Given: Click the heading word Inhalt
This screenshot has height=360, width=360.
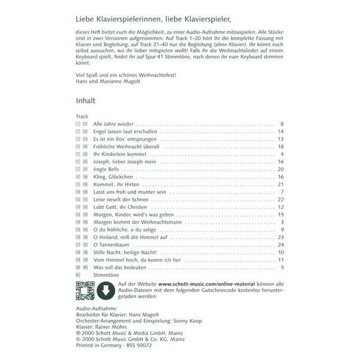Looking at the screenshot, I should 87,102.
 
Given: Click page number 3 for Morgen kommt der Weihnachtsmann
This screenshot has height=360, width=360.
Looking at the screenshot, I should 281,222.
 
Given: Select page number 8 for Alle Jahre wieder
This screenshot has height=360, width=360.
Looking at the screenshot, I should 281,124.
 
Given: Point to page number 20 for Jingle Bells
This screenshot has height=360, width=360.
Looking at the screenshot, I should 280,169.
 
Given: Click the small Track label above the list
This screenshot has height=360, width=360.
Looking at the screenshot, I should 82,116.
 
